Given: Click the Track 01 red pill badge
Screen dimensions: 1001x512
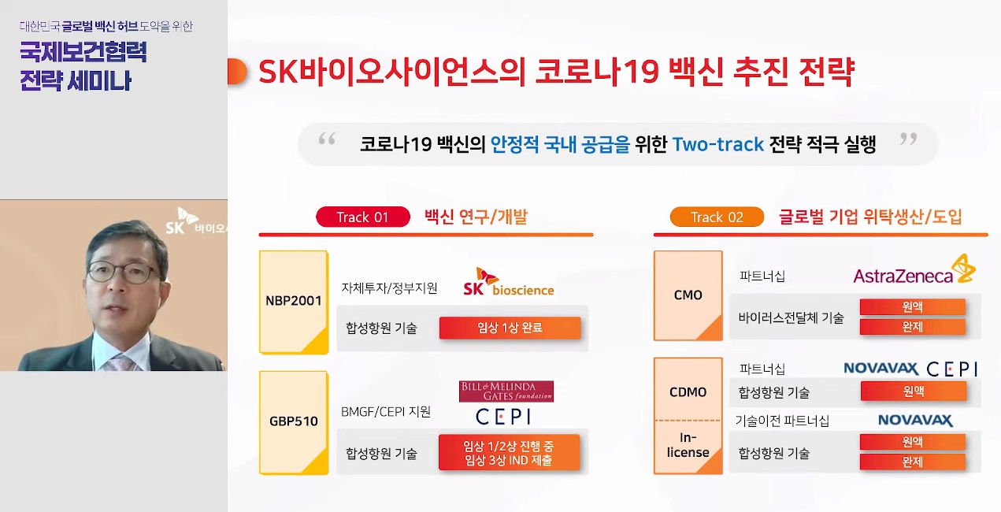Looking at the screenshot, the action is point(363,217).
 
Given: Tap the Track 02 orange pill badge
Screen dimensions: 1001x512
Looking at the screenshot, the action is point(717,217).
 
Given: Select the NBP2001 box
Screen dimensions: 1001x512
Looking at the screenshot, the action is point(294,302).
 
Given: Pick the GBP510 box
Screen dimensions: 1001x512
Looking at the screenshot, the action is point(294,423).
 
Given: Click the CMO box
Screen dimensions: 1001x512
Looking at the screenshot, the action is point(688,295).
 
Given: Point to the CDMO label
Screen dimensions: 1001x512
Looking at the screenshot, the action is point(688,392).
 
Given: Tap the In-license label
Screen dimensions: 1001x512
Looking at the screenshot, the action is point(688,445).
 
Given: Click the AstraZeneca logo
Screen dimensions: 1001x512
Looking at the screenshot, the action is point(914,270).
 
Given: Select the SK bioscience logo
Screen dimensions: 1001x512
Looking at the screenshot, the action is point(509,282).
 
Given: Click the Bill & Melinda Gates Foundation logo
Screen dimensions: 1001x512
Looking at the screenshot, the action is point(506,391).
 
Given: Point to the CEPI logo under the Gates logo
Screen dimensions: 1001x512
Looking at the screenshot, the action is point(503,417).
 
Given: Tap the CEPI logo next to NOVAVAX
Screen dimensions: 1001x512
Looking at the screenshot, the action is point(952,369).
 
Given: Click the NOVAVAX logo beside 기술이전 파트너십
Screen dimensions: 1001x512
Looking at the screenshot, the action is point(915,420).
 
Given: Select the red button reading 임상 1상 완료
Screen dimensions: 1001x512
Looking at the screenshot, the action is point(510,328).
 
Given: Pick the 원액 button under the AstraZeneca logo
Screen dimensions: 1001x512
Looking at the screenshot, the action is point(913,307).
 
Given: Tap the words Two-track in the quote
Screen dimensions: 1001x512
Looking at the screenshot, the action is point(717,144).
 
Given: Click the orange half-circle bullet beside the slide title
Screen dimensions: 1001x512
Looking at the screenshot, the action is point(237,72).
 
